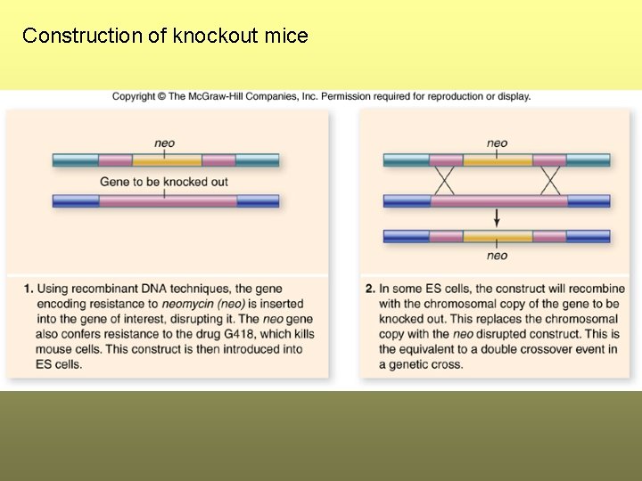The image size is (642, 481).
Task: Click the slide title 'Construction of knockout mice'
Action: pos(165,36)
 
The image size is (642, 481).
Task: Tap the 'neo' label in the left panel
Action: pos(165,143)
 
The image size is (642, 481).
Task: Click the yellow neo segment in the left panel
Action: pos(167,160)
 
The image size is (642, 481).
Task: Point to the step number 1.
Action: pos(29,289)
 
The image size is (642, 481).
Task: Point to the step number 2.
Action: pos(370,289)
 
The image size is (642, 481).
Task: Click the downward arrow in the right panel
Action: pos(498,218)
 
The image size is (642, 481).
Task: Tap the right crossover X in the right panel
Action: pos(551,181)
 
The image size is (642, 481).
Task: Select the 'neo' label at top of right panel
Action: pos(498,143)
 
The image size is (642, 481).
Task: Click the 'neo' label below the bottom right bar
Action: pos(498,256)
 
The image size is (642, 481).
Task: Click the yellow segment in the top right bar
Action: pos(498,160)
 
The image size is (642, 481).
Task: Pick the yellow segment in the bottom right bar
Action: pos(498,237)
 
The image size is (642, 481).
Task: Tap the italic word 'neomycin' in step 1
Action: pos(186,304)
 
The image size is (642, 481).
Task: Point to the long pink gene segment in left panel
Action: pos(168,201)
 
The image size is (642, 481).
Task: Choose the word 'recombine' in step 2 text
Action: pos(596,289)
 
